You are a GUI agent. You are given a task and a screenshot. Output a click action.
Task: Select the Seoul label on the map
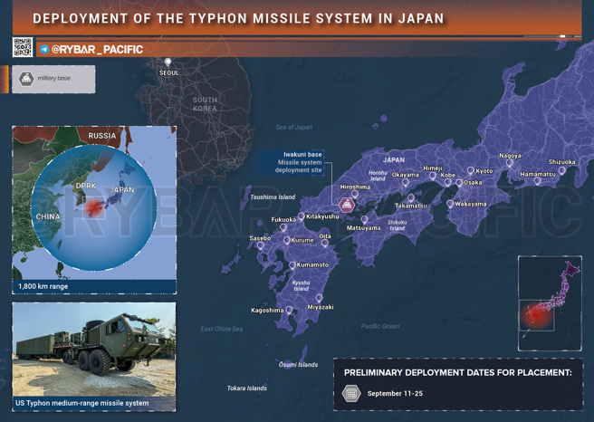(x=168, y=72)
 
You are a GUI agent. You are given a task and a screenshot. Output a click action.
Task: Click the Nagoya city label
(x=510, y=156)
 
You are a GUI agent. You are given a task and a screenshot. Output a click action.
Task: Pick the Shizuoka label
(x=561, y=162)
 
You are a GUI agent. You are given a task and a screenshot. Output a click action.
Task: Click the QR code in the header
(x=23, y=48)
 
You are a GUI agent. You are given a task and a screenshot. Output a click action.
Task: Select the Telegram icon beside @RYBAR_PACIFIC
(x=44, y=50)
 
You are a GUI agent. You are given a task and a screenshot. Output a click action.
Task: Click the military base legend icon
(x=26, y=79)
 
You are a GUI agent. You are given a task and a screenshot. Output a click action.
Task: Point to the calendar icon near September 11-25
(x=351, y=394)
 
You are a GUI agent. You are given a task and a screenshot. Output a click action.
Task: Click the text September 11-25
(x=395, y=394)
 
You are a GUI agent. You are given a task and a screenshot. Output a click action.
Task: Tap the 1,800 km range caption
(x=43, y=286)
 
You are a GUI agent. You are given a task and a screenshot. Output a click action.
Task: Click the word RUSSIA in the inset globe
(x=101, y=136)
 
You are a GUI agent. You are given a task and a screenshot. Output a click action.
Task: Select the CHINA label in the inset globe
(x=47, y=217)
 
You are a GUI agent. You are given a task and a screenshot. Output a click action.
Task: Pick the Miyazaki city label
(x=321, y=307)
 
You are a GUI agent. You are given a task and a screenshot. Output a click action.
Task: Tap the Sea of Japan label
(x=293, y=128)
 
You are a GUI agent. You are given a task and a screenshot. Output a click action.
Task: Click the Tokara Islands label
(x=246, y=388)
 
